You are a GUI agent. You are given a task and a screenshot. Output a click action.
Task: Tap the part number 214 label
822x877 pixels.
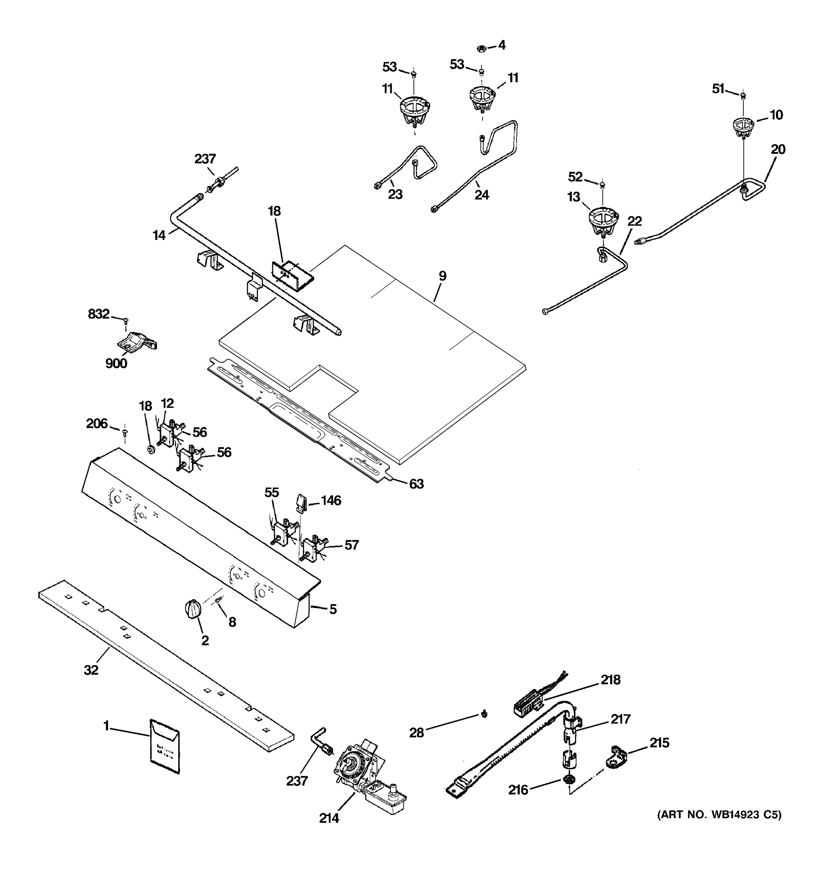(329, 818)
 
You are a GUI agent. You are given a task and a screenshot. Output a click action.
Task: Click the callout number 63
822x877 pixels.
(416, 484)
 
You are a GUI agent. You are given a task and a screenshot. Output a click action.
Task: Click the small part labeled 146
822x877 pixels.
(301, 502)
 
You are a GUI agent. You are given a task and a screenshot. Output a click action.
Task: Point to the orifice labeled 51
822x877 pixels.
(743, 95)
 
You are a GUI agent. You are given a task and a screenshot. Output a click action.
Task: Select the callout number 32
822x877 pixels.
(91, 670)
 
